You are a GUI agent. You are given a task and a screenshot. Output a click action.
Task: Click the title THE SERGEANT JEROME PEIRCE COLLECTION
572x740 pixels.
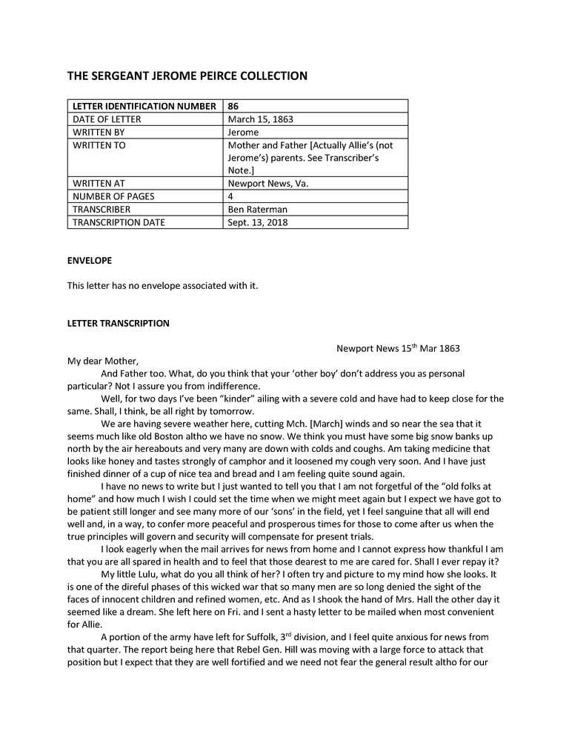point(187,76)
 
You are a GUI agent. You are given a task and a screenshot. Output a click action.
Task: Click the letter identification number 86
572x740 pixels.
point(233,106)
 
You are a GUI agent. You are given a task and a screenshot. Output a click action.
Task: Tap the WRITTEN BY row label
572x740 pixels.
point(98,133)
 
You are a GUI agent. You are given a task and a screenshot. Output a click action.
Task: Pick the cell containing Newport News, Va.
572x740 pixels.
point(267,183)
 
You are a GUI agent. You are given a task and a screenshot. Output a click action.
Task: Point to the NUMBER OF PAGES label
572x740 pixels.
point(111,196)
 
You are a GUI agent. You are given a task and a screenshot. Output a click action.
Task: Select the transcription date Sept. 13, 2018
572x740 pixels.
point(258,222)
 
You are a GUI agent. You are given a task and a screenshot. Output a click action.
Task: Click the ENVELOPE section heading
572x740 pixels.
point(90,261)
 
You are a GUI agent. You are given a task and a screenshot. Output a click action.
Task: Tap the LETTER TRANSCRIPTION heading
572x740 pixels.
point(118,324)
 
